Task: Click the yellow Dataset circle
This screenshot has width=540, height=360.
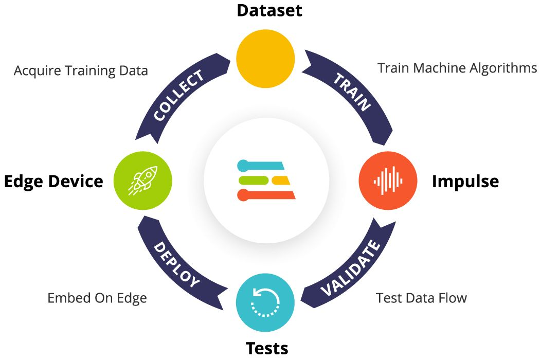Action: (x=265, y=58)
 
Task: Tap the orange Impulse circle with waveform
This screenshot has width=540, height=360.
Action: (x=388, y=181)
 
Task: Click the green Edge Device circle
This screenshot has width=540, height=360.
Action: (x=142, y=181)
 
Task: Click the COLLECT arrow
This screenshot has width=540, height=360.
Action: (x=177, y=96)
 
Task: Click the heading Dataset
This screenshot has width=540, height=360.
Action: (x=269, y=10)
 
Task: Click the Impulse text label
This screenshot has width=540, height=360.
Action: (x=465, y=181)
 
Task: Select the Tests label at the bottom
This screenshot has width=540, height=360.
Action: (x=267, y=348)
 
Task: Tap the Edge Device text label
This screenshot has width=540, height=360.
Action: (x=53, y=181)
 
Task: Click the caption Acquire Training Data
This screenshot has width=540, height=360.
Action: (x=81, y=70)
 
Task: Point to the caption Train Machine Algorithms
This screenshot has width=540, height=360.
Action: (x=457, y=68)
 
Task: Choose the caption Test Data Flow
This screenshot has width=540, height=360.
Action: (x=421, y=298)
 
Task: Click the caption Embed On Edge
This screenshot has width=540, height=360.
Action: (x=97, y=298)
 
